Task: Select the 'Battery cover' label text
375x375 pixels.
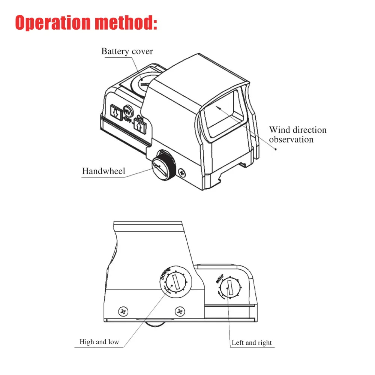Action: tap(127, 51)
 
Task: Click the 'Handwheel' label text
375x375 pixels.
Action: tap(103, 172)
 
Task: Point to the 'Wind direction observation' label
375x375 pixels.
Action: tap(298, 135)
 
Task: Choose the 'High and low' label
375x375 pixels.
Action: tap(99, 342)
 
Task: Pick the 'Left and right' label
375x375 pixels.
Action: tap(252, 342)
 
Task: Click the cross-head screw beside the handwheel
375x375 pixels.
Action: tap(183, 173)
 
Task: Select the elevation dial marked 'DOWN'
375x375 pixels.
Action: tap(175, 282)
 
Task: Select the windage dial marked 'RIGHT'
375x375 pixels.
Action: tap(229, 289)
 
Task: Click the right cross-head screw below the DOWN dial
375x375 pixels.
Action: tap(180, 311)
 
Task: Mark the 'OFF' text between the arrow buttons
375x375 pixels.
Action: tap(128, 120)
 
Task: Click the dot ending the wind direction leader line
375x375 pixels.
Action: tap(276, 149)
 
